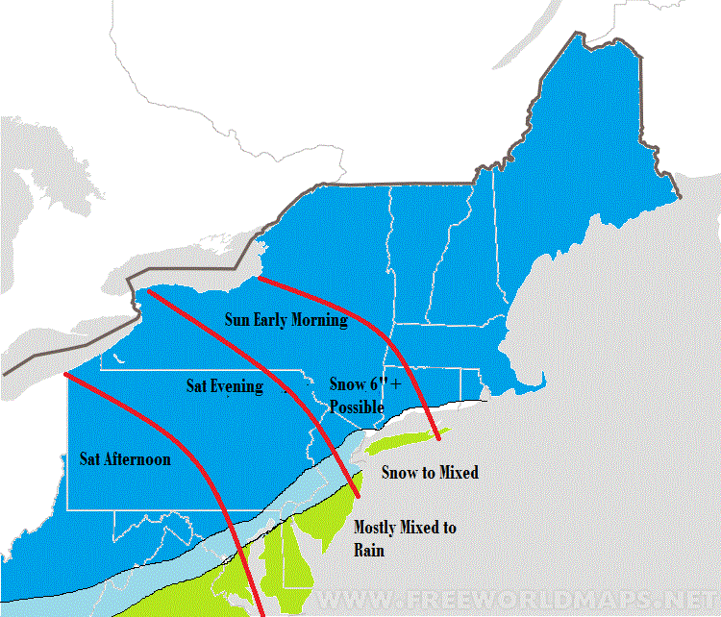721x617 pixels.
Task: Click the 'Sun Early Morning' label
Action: pyautogui.click(x=286, y=320)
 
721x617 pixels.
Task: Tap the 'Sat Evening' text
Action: pyautogui.click(x=224, y=386)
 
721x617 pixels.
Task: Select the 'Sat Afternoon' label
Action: pyautogui.click(x=125, y=459)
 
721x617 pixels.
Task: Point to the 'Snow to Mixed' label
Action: pyautogui.click(x=430, y=472)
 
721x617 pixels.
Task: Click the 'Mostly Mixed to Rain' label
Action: pyautogui.click(x=405, y=538)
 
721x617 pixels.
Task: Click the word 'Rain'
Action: pyautogui.click(x=369, y=550)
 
